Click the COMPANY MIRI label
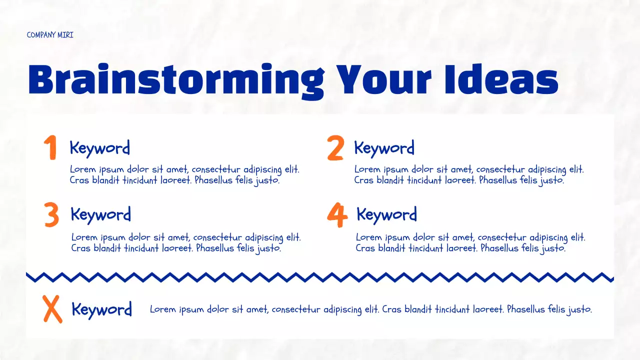click(50, 35)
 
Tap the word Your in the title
click(384, 80)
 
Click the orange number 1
click(50, 148)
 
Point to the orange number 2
click(335, 148)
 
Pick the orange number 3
click(51, 215)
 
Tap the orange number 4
click(337, 215)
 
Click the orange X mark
click(52, 309)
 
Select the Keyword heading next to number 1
click(99, 148)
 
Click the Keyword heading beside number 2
click(384, 148)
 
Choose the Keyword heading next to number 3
click(100, 214)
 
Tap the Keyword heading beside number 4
click(386, 215)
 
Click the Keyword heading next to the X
click(101, 309)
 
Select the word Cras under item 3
click(81, 248)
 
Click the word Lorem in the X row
click(163, 309)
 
